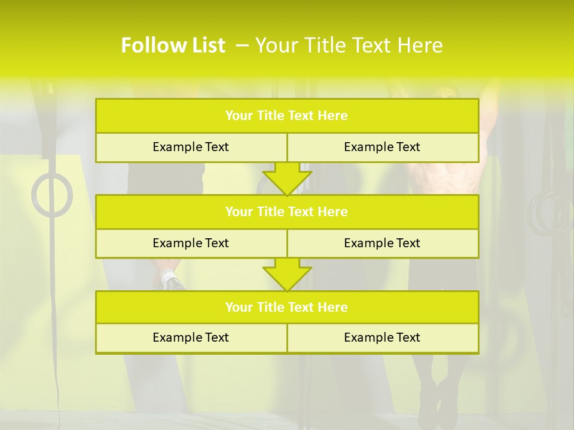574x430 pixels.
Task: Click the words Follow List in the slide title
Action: tap(173, 45)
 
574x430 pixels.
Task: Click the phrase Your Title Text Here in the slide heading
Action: tap(349, 45)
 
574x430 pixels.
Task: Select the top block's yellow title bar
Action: tap(287, 116)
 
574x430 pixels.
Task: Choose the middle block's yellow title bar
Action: tap(287, 212)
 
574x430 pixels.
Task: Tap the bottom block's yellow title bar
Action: tap(287, 308)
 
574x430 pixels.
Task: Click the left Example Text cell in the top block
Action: tap(191, 148)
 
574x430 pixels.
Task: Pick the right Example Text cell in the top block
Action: tap(382, 148)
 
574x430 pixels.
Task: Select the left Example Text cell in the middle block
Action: tap(191, 244)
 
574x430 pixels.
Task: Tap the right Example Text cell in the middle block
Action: tap(382, 244)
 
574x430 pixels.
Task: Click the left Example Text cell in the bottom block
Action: tap(191, 338)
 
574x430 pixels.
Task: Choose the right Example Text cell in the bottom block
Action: tap(382, 338)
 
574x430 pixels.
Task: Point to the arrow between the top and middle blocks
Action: tap(287, 179)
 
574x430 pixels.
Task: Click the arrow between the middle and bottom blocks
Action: tap(287, 275)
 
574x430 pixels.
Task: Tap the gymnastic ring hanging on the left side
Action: tap(52, 195)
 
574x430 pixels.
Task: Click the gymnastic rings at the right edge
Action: tap(550, 212)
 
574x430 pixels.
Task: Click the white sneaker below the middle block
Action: tap(172, 281)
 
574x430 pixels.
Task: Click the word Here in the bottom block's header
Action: tap(333, 308)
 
